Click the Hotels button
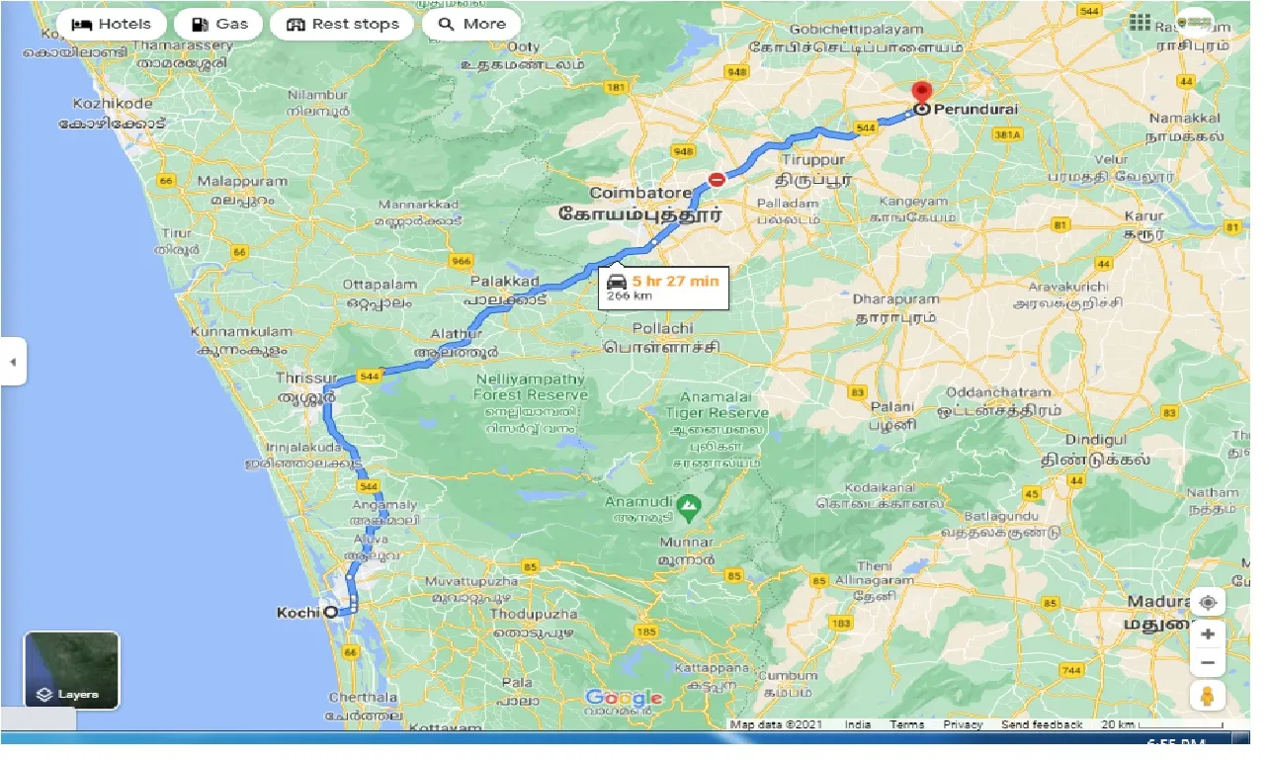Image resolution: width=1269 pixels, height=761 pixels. tap(111, 24)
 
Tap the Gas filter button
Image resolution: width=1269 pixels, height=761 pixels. tap(219, 24)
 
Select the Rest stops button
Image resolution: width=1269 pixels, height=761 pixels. tap(342, 24)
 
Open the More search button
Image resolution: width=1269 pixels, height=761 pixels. tap(471, 24)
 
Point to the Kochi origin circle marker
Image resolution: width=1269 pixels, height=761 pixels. tap(331, 612)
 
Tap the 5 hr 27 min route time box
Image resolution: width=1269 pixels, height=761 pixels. tap(663, 288)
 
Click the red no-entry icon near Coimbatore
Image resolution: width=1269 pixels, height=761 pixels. tap(716, 180)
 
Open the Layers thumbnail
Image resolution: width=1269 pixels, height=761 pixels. tap(71, 671)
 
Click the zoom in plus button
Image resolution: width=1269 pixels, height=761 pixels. tap(1207, 633)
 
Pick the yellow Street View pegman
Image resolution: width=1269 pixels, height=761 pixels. tap(1207, 695)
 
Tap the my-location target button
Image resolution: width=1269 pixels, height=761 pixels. tap(1207, 602)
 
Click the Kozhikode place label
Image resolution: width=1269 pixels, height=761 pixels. tap(113, 103)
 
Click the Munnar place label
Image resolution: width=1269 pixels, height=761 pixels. tap(686, 543)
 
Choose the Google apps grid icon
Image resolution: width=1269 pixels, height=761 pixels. tap(1140, 23)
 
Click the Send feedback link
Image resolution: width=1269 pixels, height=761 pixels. tap(1042, 724)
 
